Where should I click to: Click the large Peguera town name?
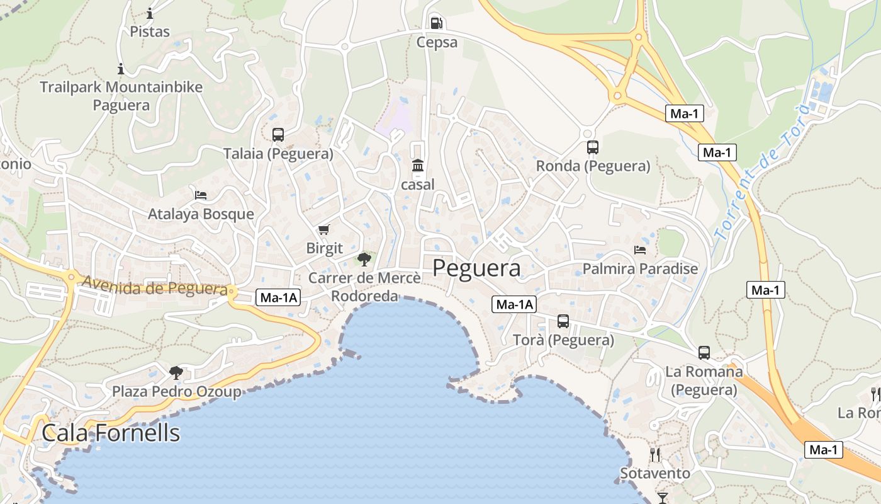click(x=476, y=268)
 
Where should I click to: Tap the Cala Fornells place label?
click(x=111, y=433)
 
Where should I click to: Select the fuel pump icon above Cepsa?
click(x=436, y=23)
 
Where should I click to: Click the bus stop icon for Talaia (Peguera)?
click(x=278, y=134)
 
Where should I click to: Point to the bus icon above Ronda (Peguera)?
click(x=592, y=147)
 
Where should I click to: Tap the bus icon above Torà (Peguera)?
click(x=563, y=321)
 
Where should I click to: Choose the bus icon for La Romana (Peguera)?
click(x=704, y=353)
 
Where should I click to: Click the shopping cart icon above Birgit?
click(x=324, y=229)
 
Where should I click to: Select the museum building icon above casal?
click(x=417, y=166)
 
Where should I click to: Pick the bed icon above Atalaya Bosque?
click(x=201, y=195)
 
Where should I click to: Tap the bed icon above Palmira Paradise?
click(x=640, y=250)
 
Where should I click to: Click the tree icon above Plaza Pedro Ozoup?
click(x=176, y=372)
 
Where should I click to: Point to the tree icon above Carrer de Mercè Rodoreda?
click(x=364, y=258)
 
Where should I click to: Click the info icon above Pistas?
click(x=150, y=13)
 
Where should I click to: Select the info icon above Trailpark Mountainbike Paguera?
click(x=121, y=69)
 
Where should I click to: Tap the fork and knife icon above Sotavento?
click(x=655, y=454)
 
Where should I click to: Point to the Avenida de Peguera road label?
click(x=154, y=287)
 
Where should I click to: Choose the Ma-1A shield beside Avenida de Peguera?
click(x=278, y=298)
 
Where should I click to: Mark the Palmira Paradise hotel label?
click(x=640, y=269)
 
